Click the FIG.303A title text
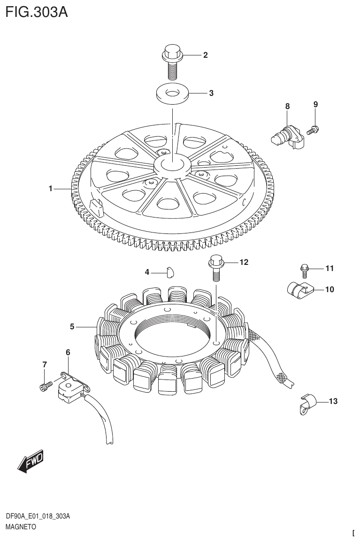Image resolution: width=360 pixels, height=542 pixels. pos(37,12)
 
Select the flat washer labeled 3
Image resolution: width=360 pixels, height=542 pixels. pos(173,93)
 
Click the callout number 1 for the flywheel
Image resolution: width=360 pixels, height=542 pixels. pos(50,189)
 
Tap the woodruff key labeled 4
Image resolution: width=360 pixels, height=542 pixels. pos(170,271)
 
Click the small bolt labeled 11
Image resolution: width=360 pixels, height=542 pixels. pos(304,269)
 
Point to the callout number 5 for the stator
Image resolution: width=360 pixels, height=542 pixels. pos(72,326)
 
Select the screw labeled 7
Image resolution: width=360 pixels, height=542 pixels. pos(44,386)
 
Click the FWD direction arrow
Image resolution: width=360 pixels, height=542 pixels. pos(31,462)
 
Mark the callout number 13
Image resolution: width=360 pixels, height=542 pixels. pos(333,401)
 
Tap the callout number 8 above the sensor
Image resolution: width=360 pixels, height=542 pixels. pos(287,106)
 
